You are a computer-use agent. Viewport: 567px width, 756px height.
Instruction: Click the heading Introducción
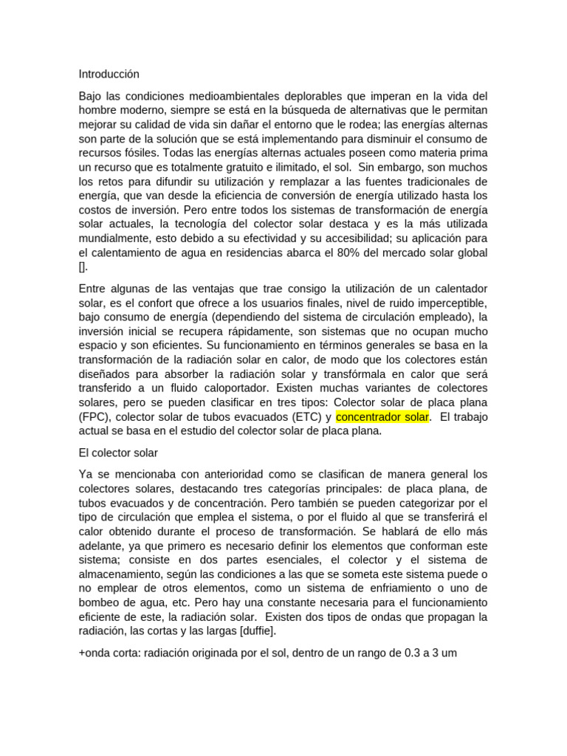pos(109,74)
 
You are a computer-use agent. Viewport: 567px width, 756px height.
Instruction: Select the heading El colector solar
pos(118,452)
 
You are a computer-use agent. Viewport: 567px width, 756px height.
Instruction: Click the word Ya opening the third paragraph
pos(86,474)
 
